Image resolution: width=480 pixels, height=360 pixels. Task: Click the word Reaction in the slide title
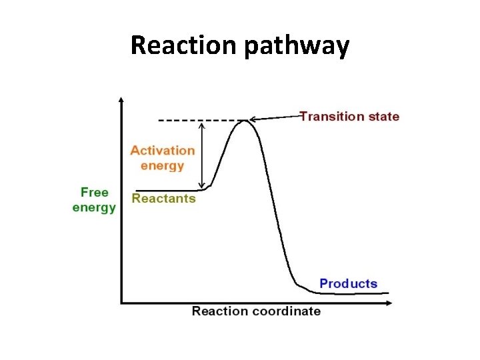185,45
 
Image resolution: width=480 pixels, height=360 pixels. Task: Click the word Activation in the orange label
163,151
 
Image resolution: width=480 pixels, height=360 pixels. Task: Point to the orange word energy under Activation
162,165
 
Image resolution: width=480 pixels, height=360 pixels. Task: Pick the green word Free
94,193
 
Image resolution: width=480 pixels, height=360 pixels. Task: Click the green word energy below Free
94,207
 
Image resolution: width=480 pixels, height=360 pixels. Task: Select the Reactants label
164,198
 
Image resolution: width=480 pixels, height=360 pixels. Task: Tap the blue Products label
348,283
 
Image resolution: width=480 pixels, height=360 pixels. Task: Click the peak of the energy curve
247,120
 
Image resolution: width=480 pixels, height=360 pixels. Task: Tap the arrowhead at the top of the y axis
121,100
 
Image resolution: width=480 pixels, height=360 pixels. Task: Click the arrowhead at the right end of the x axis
389,303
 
